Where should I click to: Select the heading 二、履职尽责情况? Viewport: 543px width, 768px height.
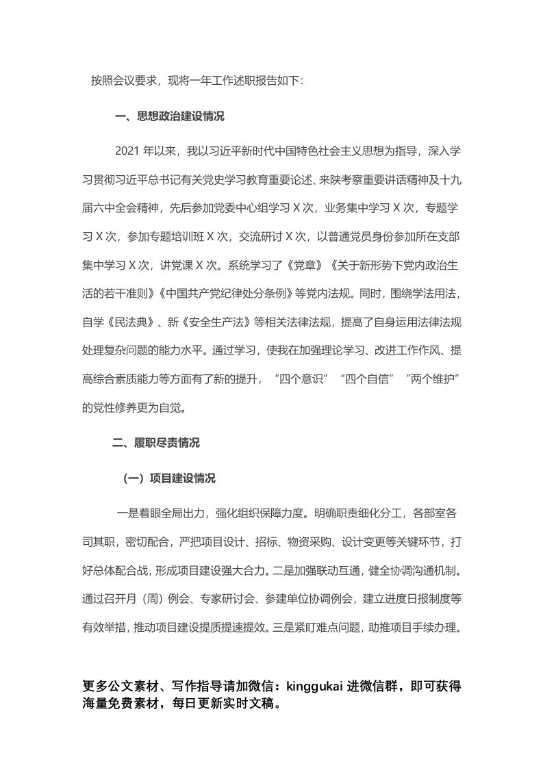pos(156,444)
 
